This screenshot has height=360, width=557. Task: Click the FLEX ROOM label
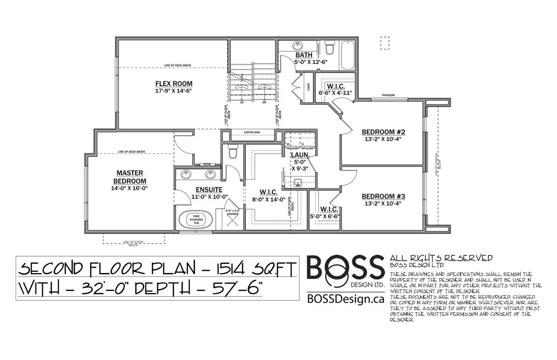(174, 83)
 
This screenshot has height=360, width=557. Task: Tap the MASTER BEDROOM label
(130, 177)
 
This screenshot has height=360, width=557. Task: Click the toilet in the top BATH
(329, 47)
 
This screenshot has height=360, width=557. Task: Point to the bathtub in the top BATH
(348, 55)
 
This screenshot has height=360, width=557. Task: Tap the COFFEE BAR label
(252, 132)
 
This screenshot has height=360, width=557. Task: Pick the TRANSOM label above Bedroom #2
(388, 96)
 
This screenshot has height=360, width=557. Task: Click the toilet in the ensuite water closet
(233, 153)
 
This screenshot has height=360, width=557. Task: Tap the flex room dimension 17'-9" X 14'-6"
(174, 91)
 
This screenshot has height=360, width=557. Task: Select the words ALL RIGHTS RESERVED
(441, 258)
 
